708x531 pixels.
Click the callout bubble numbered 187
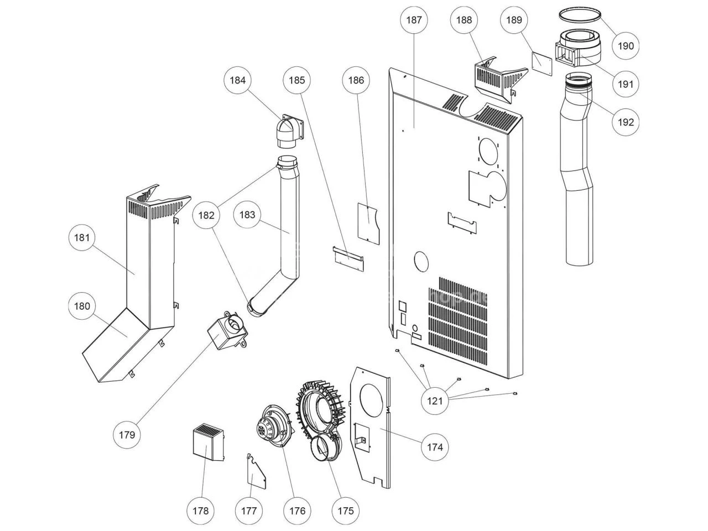click(x=414, y=20)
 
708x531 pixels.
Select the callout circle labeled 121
click(x=434, y=401)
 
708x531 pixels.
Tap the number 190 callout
click(x=626, y=46)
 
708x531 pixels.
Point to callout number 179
click(x=127, y=435)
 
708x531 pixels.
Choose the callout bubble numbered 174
click(x=434, y=447)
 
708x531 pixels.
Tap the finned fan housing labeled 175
click(x=321, y=420)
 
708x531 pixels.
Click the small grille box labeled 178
click(x=209, y=441)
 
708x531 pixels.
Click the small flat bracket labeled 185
click(x=348, y=258)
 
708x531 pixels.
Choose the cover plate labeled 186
click(x=369, y=223)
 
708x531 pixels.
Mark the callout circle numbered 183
click(x=247, y=215)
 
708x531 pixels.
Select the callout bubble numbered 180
click(x=82, y=306)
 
